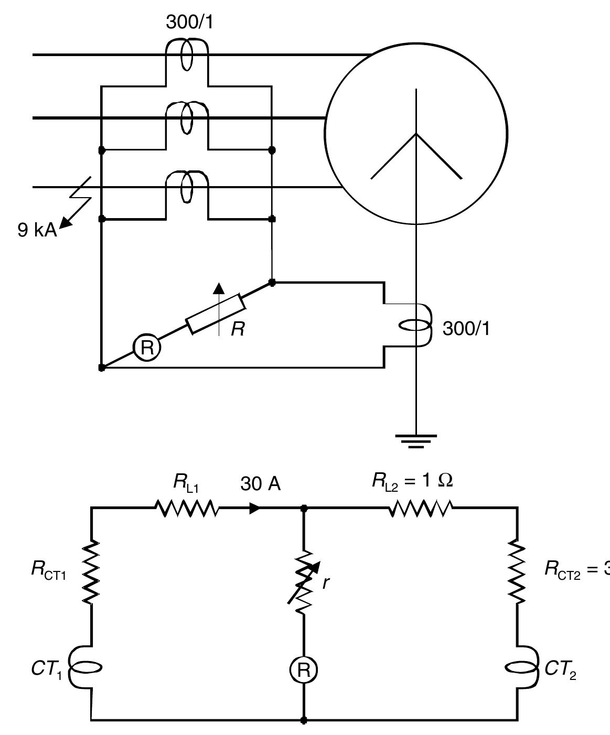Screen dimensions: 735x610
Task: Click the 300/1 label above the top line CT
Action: pyautogui.click(x=189, y=23)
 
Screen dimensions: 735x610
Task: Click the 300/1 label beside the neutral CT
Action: pyautogui.click(x=466, y=329)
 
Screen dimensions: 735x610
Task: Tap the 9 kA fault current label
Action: pyautogui.click(x=37, y=230)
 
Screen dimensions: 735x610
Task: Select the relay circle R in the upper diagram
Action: pyautogui.click(x=146, y=348)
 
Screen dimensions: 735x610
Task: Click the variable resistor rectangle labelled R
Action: pyautogui.click(x=215, y=314)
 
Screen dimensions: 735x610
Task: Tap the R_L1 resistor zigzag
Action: pyautogui.click(x=186, y=508)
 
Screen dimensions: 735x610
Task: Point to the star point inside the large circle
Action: pyautogui.click(x=416, y=134)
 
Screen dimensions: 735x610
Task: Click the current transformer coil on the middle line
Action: pyautogui.click(x=187, y=118)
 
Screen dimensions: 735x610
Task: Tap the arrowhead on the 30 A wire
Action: pyautogui.click(x=255, y=508)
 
